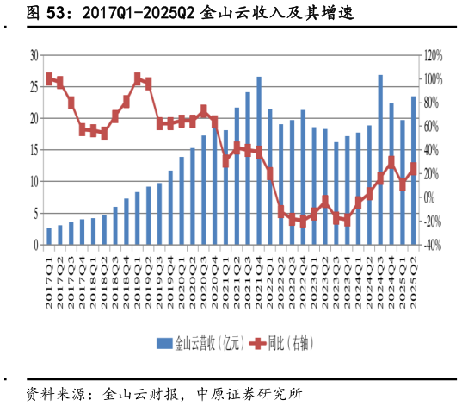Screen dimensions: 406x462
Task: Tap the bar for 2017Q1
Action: pyautogui.click(x=49, y=236)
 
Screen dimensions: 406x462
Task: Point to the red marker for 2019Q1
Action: pyautogui.click(x=138, y=78)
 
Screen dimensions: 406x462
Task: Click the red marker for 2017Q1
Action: pyautogui.click(x=49, y=78)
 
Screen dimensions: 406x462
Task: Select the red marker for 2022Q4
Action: pyautogui.click(x=303, y=222)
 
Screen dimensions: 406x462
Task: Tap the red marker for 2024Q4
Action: pyautogui.click(x=391, y=161)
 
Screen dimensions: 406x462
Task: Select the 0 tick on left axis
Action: pyautogui.click(x=36, y=246)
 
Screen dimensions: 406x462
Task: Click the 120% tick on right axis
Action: pyautogui.click(x=432, y=55)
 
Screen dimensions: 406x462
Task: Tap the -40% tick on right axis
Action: pyautogui.click(x=432, y=246)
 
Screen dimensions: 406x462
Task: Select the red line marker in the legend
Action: pyautogui.click(x=256, y=343)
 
